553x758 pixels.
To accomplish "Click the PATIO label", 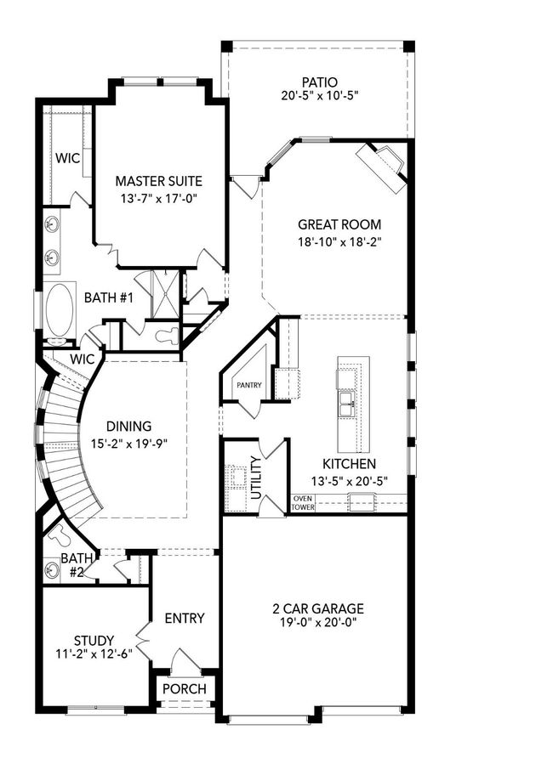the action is [319, 82].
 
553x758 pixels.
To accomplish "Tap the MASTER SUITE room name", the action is [159, 181].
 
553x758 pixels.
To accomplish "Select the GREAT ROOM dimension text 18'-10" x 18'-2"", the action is [339, 241].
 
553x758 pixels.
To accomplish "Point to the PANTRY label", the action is [249, 385].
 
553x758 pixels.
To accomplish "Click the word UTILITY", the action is [256, 478].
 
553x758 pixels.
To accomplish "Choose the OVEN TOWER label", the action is [304, 503].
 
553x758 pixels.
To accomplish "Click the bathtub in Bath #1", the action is [60, 310].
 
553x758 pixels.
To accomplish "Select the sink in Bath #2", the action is [51, 570].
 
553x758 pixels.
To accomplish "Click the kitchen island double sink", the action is [347, 404].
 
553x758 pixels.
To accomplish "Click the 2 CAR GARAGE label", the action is [318, 608].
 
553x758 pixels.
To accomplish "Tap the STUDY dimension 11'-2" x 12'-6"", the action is [94, 654].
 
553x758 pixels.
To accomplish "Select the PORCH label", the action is [185, 689].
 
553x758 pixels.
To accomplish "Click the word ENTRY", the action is [185, 619].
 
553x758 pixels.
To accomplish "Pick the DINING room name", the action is [128, 427].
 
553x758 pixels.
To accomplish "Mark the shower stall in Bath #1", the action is [165, 294].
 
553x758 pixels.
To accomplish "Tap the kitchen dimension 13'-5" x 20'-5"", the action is [350, 481].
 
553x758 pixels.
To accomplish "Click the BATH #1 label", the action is [108, 297].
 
